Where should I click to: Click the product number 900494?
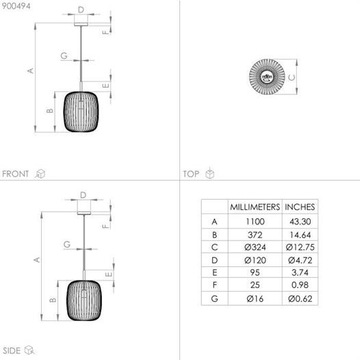16,6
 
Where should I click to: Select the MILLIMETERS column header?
255,207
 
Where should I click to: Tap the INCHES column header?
300,207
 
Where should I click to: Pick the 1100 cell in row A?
255,222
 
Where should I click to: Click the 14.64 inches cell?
300,235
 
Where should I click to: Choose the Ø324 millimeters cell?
255,247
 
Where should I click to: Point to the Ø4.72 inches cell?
300,260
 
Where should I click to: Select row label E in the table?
215,273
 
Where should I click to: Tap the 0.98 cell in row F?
300,285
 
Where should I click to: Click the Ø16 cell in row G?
255,298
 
